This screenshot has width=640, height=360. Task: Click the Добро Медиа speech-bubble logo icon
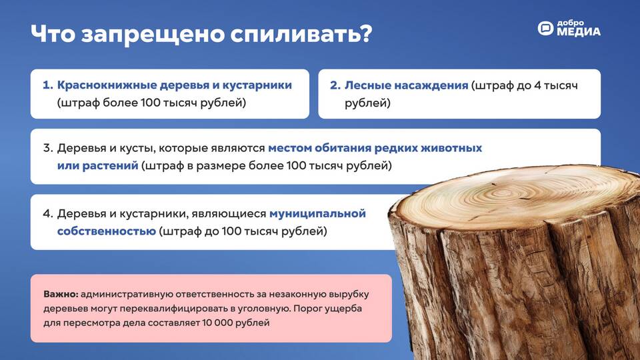(545, 28)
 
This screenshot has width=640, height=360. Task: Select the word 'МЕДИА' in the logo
(579, 32)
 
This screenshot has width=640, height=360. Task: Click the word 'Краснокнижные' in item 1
(107, 85)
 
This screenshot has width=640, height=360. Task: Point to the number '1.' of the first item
(48, 85)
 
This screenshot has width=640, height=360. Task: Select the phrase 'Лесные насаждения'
(406, 85)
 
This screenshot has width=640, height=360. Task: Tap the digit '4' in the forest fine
(537, 85)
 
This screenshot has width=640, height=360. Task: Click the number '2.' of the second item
(335, 85)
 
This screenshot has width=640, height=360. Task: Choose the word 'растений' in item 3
(110, 166)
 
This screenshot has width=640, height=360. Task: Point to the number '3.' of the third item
(48, 148)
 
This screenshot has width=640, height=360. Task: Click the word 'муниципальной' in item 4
(317, 213)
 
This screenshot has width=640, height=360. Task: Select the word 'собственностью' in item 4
(107, 231)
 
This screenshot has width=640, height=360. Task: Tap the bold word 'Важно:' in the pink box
(61, 294)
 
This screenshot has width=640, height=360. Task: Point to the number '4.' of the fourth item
(48, 213)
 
